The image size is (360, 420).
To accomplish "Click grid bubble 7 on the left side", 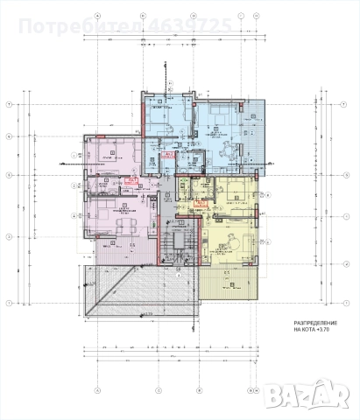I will click(x=7, y=104).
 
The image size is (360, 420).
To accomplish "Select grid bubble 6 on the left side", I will click(x=7, y=136).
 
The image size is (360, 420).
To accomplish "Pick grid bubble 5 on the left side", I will click(x=7, y=175).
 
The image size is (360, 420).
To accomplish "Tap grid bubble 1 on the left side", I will click(x=7, y=302).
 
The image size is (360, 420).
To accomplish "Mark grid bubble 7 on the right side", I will click(x=351, y=104).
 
